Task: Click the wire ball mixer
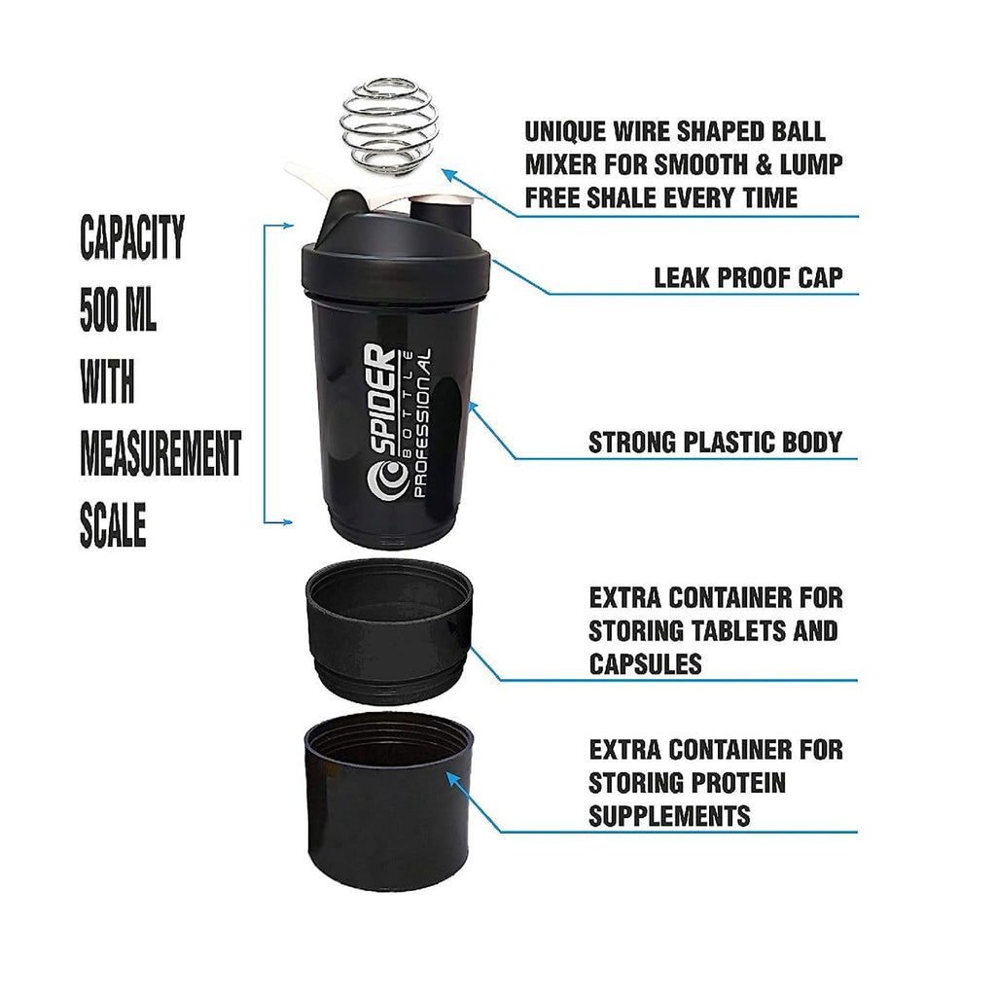[x=380, y=128]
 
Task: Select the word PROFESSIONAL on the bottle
[x=422, y=423]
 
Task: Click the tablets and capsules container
[x=389, y=632]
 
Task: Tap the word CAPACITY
[x=132, y=237]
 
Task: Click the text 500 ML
[x=118, y=309]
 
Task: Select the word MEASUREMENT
[x=160, y=453]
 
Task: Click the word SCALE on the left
[x=113, y=525]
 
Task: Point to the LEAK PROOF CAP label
[x=748, y=277]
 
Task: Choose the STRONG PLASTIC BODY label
[x=715, y=443]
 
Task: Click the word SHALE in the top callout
[x=627, y=197]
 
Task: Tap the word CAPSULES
[x=646, y=663]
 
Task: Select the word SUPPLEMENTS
[x=669, y=816]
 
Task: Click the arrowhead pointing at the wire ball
[x=449, y=174]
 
